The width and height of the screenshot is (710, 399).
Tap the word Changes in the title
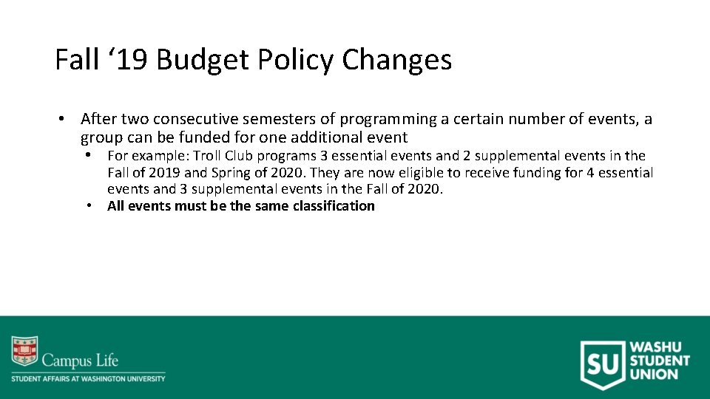[396, 61]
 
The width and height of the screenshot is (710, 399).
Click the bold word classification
[334, 206]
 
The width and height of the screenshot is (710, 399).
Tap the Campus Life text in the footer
[80, 361]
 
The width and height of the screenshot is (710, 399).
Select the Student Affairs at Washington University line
[88, 378]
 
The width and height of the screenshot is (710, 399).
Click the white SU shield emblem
[601, 364]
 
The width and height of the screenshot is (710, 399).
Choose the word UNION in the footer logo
[654, 374]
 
